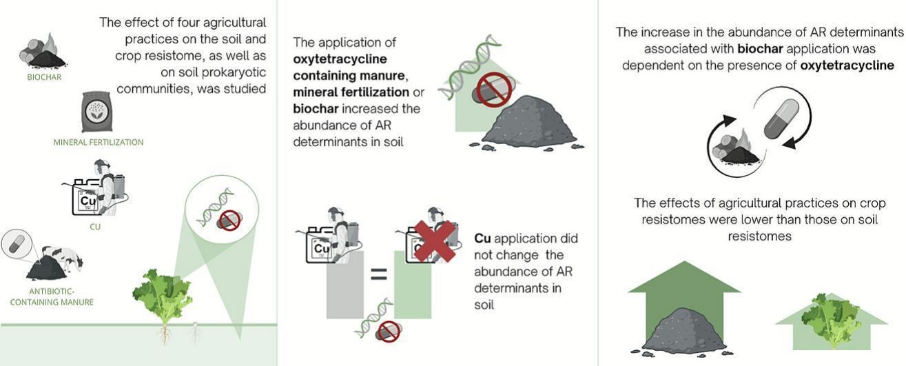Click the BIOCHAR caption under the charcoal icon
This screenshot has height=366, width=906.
pos(44,77)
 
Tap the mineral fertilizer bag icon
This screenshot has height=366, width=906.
pos(97,111)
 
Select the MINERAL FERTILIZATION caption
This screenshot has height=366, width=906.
pos(99,142)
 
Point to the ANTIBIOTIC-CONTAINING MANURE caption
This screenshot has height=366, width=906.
pos(52,297)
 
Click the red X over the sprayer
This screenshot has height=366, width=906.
pos(434,241)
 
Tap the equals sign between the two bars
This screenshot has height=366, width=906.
pos(379,275)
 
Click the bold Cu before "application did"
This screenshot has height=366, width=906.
pos(482,238)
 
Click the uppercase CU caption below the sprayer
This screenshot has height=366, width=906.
pos(95,226)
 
